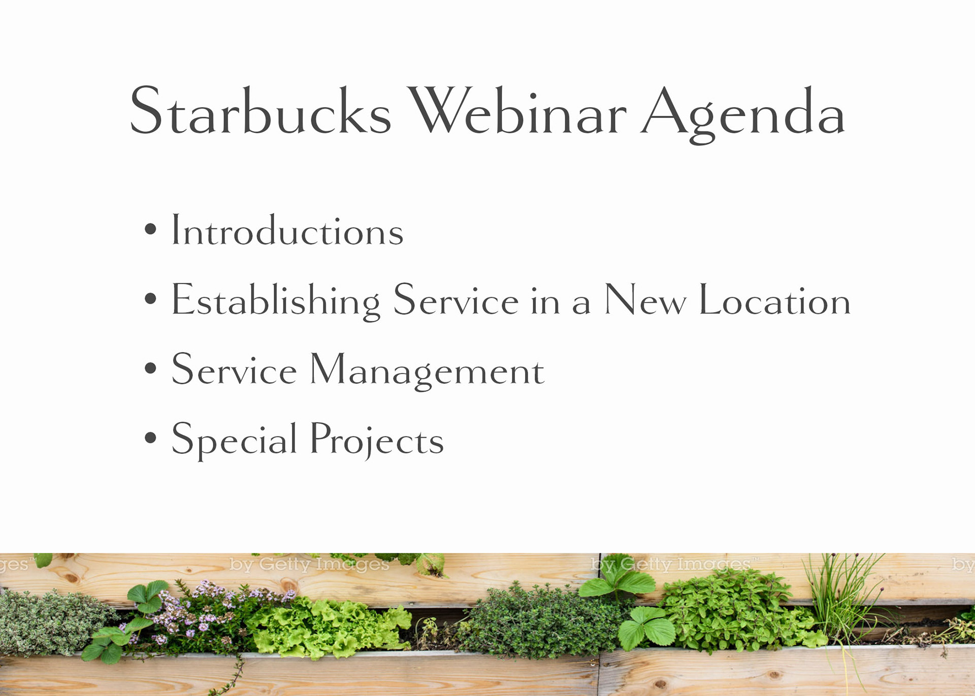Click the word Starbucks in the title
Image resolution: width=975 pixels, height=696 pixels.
[261, 110]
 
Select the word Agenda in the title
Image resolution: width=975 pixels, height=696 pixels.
[743, 114]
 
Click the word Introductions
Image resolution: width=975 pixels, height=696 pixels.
[287, 230]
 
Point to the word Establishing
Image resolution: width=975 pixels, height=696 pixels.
[276, 302]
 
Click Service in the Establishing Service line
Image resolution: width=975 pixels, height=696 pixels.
[456, 300]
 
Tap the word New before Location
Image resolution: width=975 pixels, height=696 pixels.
[645, 300]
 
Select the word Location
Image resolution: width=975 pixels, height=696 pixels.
[775, 300]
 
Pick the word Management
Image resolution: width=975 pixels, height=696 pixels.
[427, 371]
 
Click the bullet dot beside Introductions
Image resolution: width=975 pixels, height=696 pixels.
[150, 228]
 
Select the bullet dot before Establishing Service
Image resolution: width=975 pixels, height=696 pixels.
[150, 298]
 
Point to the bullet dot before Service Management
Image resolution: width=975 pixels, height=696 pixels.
[150, 368]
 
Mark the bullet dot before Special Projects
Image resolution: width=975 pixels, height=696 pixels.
[150, 437]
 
